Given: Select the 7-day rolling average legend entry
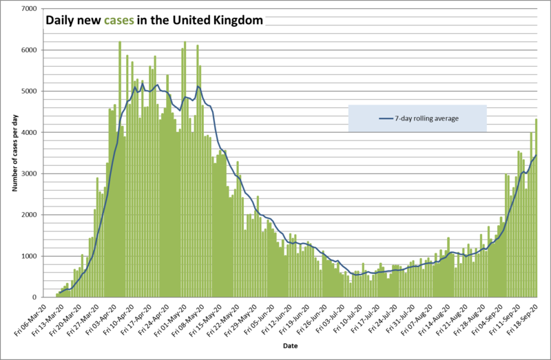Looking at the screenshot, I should click(x=428, y=118).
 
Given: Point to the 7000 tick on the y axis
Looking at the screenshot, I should click(x=28, y=9).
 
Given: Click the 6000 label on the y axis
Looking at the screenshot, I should click(x=28, y=50).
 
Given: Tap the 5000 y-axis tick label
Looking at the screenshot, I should click(x=28, y=92).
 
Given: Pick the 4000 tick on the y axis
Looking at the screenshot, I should click(x=28, y=132).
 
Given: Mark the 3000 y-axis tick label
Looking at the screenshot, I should click(x=28, y=173).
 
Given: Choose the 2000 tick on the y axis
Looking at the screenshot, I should click(x=28, y=215).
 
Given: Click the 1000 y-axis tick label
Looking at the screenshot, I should click(x=28, y=256).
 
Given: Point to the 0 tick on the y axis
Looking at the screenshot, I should click(x=34, y=297).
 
